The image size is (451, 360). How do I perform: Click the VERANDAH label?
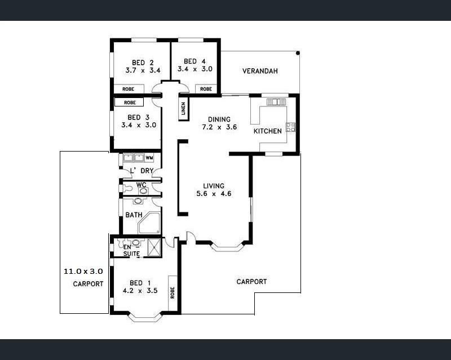tap(260, 71)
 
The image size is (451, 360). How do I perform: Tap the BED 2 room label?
tap(143, 63)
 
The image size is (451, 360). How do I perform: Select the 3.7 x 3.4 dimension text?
tap(143, 70)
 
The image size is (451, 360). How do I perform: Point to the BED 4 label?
tap(194, 61)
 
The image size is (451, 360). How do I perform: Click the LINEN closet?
tap(184, 108)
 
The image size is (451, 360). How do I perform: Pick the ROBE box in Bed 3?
tap(129, 103)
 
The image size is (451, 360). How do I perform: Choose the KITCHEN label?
tap(267, 131)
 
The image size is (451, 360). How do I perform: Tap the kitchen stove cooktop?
tap(290, 127)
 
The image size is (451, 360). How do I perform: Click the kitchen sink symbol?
tap(276, 102)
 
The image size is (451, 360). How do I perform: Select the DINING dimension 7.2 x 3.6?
tap(219, 127)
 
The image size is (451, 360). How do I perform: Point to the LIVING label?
tap(214, 186)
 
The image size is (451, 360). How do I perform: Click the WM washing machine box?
tap(149, 158)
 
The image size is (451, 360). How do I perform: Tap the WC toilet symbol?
tap(127, 188)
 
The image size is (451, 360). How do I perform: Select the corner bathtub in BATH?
tap(149, 223)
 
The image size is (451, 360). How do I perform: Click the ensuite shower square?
tap(154, 247)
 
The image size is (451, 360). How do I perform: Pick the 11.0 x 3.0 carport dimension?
tap(83, 271)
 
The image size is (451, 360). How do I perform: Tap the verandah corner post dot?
tap(298, 53)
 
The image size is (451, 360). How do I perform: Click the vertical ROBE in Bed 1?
tap(173, 293)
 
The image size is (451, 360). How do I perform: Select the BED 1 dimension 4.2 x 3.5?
tap(140, 291)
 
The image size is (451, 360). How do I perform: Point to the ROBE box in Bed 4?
tap(206, 89)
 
